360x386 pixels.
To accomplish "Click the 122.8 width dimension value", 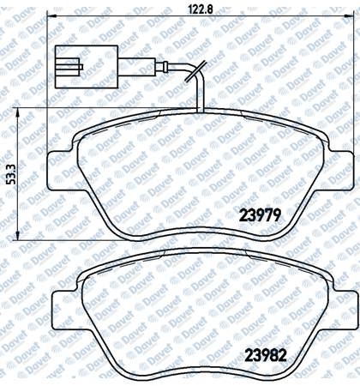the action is coord(201,9).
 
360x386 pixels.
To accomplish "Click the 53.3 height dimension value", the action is coord(11,174).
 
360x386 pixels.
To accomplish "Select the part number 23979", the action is coord(260,215).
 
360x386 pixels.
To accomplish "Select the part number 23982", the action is coord(266,356).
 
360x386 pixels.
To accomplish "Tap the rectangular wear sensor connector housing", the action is coord(87,67).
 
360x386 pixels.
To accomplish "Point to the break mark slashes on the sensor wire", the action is coord(196,70).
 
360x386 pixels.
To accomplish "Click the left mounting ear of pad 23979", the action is coord(62,171).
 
